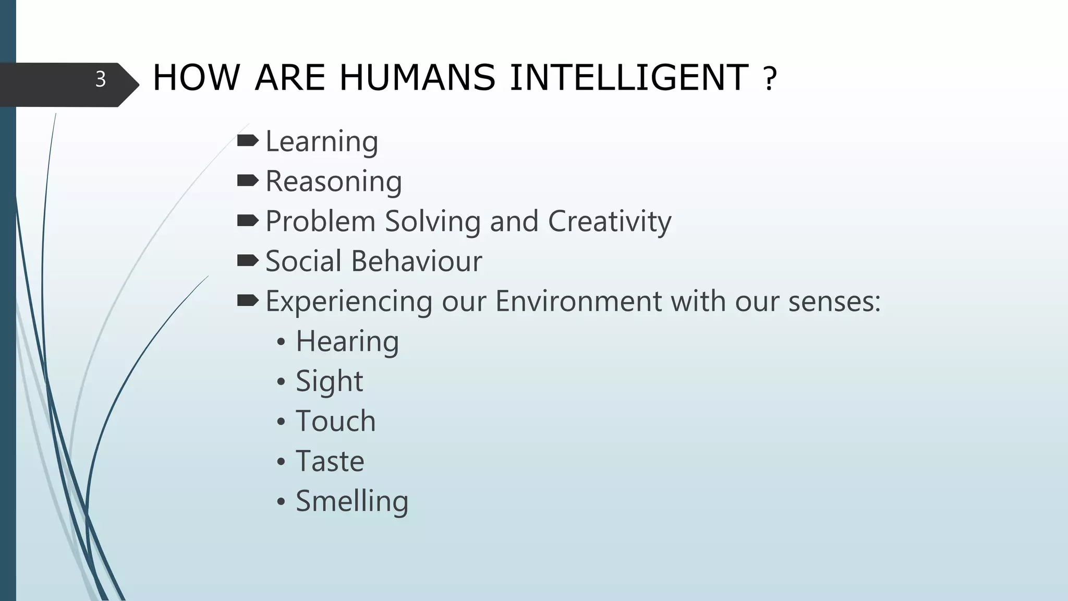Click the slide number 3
point(101,79)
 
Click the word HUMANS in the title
point(417,78)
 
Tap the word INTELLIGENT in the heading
point(629,78)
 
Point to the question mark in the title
point(770,80)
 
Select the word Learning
point(322,142)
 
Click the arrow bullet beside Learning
point(247,140)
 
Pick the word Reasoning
point(334,182)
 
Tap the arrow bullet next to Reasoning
point(247,181)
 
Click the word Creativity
point(609,222)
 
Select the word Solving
point(432,222)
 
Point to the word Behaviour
point(417,261)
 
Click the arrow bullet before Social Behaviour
point(247,260)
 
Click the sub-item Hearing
point(347,342)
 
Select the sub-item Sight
point(329,381)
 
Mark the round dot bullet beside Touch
point(281,422)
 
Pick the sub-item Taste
point(330,461)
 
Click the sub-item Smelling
point(352,501)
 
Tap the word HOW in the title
point(196,78)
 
